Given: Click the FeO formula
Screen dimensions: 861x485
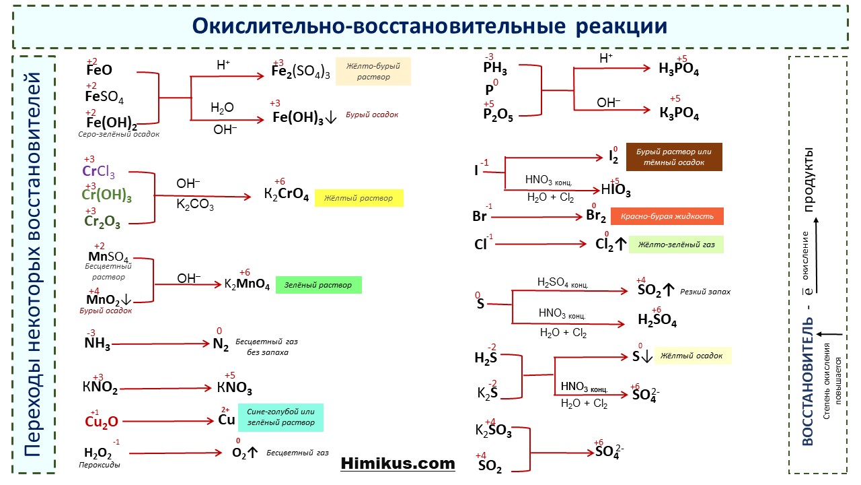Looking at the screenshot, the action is click(99, 70).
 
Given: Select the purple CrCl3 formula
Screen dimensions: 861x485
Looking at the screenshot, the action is click(98, 172).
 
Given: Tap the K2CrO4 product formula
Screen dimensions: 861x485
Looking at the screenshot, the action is click(287, 193).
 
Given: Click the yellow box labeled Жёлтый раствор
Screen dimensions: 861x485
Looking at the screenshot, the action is click(359, 198).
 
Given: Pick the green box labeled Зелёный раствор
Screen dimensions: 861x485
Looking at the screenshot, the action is click(319, 285).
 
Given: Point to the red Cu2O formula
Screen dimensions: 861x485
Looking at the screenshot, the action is click(102, 422).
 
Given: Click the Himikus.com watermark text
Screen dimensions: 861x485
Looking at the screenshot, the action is click(398, 463).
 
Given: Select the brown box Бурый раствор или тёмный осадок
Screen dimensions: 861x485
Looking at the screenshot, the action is click(674, 157).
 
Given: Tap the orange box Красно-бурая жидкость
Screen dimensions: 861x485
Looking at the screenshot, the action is click(667, 216).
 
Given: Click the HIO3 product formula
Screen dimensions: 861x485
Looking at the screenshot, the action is click(615, 190).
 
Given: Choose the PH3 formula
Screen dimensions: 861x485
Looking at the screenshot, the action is click(495, 68).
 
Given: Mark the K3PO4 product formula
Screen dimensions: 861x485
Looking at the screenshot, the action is click(679, 113).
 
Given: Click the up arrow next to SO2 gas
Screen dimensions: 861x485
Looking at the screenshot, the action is click(669, 290).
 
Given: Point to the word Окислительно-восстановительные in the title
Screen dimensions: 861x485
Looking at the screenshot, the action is click(379, 26).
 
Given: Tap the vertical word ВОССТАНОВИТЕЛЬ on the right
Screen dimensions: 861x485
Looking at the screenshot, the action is click(808, 381).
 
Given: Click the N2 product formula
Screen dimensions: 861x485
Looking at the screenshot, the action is click(221, 344).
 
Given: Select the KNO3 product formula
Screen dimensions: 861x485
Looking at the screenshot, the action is click(235, 388).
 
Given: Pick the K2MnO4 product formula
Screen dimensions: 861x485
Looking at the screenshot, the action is click(247, 285).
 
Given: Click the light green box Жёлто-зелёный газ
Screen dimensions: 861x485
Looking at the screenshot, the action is click(676, 245).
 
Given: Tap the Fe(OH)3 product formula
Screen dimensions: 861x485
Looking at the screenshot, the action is click(298, 118).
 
